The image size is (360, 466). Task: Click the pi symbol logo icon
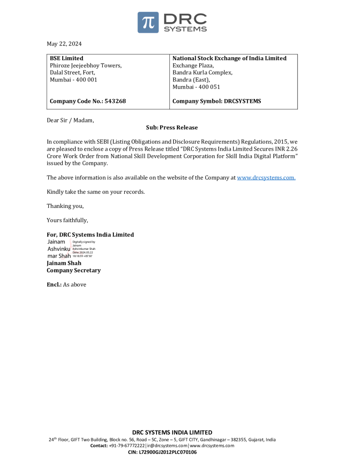(x=148, y=22)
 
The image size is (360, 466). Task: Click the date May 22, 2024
(x=64, y=44)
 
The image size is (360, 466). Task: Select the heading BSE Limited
(x=66, y=58)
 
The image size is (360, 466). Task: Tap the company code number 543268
(x=115, y=101)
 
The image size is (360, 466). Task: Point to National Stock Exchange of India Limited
(x=229, y=58)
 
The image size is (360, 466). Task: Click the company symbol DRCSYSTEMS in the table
(x=242, y=101)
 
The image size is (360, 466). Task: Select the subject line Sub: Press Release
(x=172, y=127)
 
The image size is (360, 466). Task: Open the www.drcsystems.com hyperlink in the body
(x=266, y=177)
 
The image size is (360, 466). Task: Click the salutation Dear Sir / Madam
(x=71, y=120)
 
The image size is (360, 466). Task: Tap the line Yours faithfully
(x=67, y=220)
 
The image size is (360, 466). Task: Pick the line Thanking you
(x=65, y=206)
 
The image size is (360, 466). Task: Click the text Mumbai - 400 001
(x=73, y=80)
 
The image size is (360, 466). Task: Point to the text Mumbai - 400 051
(x=196, y=87)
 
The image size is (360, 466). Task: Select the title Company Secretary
(x=74, y=270)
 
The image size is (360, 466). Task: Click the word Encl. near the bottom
(x=54, y=285)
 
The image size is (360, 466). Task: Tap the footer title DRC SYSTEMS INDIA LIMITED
(x=172, y=432)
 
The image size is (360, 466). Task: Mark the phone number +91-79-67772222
(x=127, y=446)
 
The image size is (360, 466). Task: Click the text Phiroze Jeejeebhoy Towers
(x=86, y=66)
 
